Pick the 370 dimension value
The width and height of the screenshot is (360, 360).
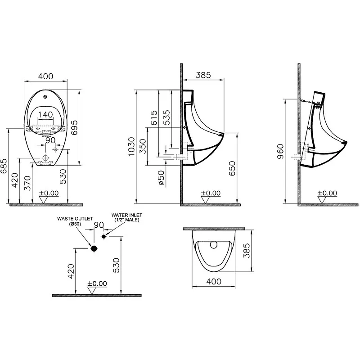(28, 183)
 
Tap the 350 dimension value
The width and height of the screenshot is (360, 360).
(143, 146)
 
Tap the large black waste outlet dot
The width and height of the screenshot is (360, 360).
(94, 248)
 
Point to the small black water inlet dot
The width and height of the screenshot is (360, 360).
(104, 236)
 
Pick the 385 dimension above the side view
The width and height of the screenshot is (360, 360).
(203, 76)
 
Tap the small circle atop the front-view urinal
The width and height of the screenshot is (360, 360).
(45, 96)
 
